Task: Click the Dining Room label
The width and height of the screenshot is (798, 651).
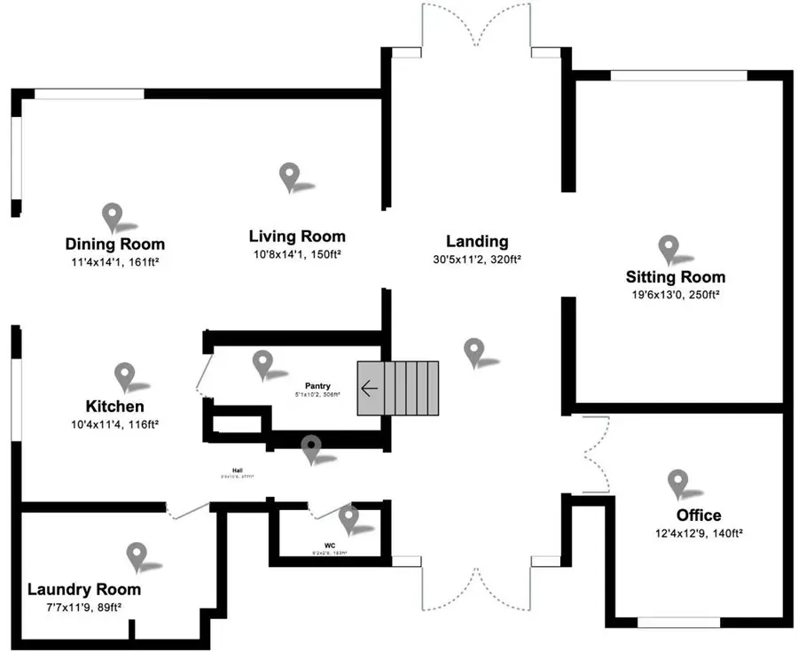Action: coord(114,244)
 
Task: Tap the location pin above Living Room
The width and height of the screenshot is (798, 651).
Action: coord(288,176)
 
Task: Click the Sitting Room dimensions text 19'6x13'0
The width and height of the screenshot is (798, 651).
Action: coord(676,294)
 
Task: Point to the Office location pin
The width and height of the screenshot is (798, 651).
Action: coord(678,482)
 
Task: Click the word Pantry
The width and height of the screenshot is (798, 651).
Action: coord(317,385)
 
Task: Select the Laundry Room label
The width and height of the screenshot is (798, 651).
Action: coord(83,589)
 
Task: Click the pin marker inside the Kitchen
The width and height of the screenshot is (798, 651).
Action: coord(124,376)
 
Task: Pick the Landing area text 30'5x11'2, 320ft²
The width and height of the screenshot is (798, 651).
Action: coord(477,260)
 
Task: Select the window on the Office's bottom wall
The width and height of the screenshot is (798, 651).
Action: coord(678,623)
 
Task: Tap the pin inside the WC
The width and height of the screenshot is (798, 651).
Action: coord(348,517)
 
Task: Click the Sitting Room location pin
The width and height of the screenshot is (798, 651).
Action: coord(667,249)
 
